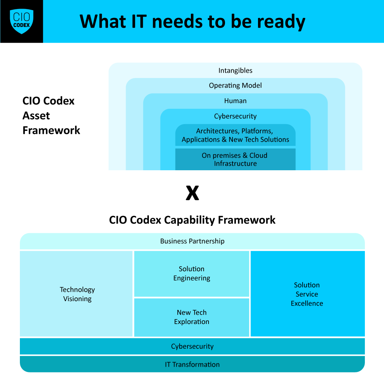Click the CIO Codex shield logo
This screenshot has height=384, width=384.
pos(21,21)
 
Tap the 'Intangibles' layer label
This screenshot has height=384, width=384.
pos(235,70)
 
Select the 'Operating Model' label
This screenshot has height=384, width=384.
pos(235,85)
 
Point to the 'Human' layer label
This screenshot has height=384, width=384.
pos(235,101)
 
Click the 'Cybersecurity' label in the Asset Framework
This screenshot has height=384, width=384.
pos(235,116)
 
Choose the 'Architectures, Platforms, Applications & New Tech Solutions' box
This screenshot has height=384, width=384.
pos(235,135)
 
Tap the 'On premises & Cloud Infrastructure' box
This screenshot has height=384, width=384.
pos(235,159)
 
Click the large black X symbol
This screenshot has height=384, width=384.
pos(192,193)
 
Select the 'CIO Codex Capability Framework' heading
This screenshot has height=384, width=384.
pos(192,220)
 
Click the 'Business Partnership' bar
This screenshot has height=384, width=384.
pos(192,241)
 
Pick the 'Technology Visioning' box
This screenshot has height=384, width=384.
pos(77,294)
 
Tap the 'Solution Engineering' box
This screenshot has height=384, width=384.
pos(192,274)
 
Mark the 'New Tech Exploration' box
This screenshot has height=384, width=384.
pos(192,317)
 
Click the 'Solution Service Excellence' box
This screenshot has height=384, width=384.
pos(307,294)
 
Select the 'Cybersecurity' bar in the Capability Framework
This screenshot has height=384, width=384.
pos(192,346)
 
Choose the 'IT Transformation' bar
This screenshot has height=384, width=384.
pos(192,364)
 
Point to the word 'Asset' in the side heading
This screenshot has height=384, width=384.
pos(36,115)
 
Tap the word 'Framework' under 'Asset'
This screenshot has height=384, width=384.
pos(51,130)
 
